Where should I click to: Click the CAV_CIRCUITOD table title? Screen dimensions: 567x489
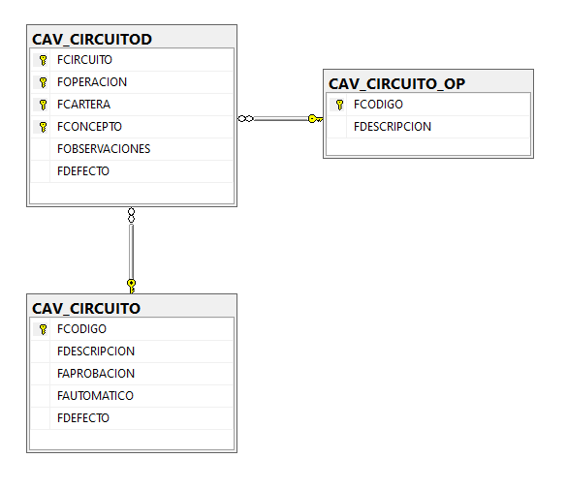[x=92, y=40]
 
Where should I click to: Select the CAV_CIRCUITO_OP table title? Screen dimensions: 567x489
[x=396, y=84]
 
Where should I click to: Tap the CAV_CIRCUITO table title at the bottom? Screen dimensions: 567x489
[x=86, y=309]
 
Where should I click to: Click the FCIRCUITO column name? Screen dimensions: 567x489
[x=84, y=60]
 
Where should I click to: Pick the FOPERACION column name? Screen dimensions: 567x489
[x=92, y=82]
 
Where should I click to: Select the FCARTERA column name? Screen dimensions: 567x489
[x=83, y=105]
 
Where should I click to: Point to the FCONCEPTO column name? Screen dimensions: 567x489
[x=89, y=127]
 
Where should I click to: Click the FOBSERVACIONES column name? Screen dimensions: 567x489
[x=104, y=149]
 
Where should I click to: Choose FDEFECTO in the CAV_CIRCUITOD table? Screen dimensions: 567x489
[x=83, y=171]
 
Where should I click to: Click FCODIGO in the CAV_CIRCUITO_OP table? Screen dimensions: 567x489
[x=378, y=105]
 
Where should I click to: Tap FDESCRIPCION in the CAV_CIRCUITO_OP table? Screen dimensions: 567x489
[x=393, y=127]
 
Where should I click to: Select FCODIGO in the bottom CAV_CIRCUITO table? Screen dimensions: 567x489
[x=81, y=329]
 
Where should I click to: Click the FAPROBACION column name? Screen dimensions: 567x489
[x=96, y=374]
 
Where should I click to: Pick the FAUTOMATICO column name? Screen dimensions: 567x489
[x=95, y=396]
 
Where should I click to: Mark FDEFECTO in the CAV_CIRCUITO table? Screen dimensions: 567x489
[x=83, y=418]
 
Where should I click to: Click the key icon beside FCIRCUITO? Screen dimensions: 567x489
[x=43, y=60]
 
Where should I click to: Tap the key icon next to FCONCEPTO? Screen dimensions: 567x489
[x=43, y=127]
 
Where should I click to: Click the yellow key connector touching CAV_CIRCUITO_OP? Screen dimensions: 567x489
[x=315, y=119]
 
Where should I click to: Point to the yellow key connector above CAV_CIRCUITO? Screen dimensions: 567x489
[x=131, y=286]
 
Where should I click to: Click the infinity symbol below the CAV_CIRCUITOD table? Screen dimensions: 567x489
[x=131, y=215]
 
